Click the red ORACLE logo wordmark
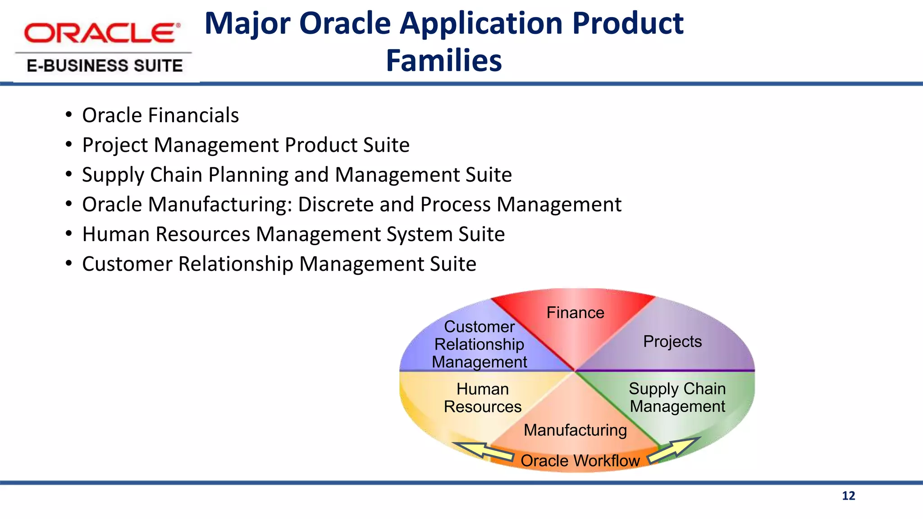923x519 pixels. tap(102, 33)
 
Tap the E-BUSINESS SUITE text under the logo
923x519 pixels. tap(105, 66)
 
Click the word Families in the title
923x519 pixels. tap(443, 60)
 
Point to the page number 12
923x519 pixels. tap(848, 496)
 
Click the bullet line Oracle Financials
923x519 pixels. tap(160, 115)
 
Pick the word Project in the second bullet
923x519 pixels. tap(115, 146)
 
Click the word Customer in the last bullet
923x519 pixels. tap(127, 264)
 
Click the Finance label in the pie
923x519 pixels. tap(575, 313)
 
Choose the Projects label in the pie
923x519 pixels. tap(672, 341)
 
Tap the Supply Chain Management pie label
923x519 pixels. tap(677, 397)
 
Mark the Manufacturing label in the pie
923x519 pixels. tap(575, 430)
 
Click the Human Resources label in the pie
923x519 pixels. tap(482, 398)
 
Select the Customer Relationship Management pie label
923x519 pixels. tap(479, 344)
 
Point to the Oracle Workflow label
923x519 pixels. tap(580, 461)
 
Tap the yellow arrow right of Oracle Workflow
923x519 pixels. tap(674, 450)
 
